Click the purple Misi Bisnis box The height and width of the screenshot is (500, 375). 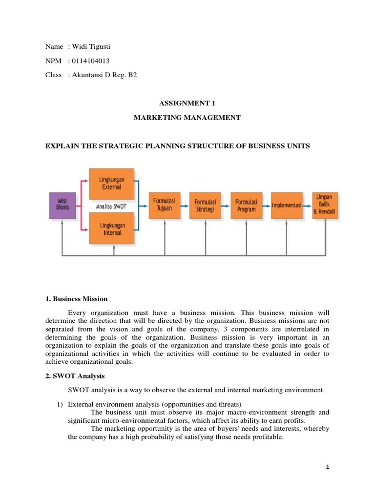tap(62, 205)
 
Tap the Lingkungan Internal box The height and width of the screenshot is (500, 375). tap(112, 229)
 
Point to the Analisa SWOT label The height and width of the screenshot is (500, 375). tap(111, 207)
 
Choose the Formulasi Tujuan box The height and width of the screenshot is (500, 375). tap(165, 205)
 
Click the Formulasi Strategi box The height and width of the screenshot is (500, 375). tap(205, 205)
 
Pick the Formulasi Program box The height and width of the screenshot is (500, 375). tap(247, 205)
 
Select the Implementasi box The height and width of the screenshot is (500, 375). tap(287, 205)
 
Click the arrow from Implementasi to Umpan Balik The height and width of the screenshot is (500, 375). tap(308, 205)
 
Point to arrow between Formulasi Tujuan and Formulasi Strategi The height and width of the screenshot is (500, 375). tap(185, 205)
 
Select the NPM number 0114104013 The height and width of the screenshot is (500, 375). tap(91, 61)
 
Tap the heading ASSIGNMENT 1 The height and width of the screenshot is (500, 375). tap(187, 103)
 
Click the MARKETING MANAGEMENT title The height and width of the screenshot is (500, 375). tap(187, 118)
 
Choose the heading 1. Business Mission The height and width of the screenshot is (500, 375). tap(76, 299)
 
